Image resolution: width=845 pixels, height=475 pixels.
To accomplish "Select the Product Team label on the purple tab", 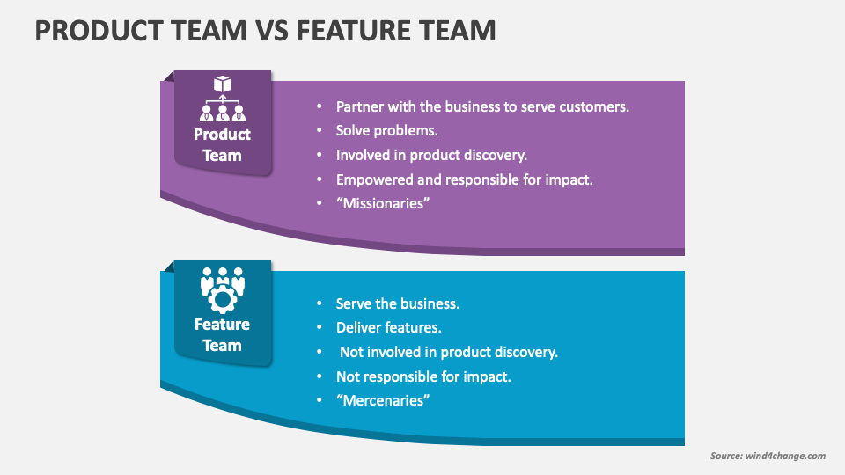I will click(x=222, y=145).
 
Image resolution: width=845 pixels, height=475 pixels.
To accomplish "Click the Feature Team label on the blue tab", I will click(x=222, y=335).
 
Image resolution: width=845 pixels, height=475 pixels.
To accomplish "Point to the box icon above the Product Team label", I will click(x=223, y=84).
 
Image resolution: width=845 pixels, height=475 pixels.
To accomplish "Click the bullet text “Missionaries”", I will click(x=382, y=203).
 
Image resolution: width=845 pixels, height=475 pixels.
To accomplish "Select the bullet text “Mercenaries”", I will click(x=382, y=400).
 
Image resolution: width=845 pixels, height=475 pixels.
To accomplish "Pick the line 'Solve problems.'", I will click(x=386, y=130).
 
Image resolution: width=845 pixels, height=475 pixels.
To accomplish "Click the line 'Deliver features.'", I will click(x=388, y=327).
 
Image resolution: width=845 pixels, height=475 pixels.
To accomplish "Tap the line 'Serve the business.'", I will click(x=397, y=303).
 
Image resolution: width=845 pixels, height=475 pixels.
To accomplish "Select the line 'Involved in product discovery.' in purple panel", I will click(x=431, y=155).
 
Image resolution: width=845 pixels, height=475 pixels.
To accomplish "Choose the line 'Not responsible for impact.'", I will click(x=423, y=376).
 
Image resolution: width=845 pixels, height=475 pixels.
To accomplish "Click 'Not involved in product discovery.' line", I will click(x=449, y=352).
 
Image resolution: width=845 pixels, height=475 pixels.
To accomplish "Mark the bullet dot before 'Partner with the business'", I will click(x=319, y=106).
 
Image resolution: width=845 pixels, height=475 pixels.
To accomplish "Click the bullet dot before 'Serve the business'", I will click(x=319, y=303).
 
